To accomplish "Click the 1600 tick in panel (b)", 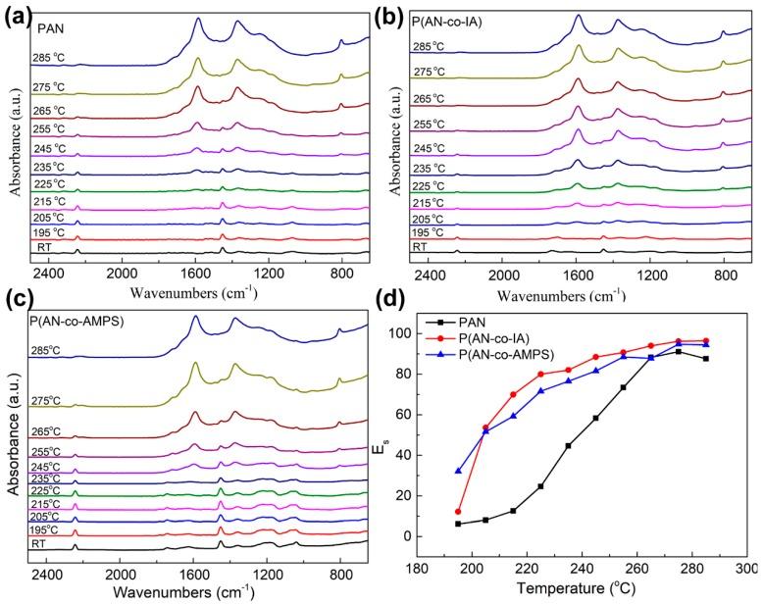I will pyautogui.click(x=577, y=272).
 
